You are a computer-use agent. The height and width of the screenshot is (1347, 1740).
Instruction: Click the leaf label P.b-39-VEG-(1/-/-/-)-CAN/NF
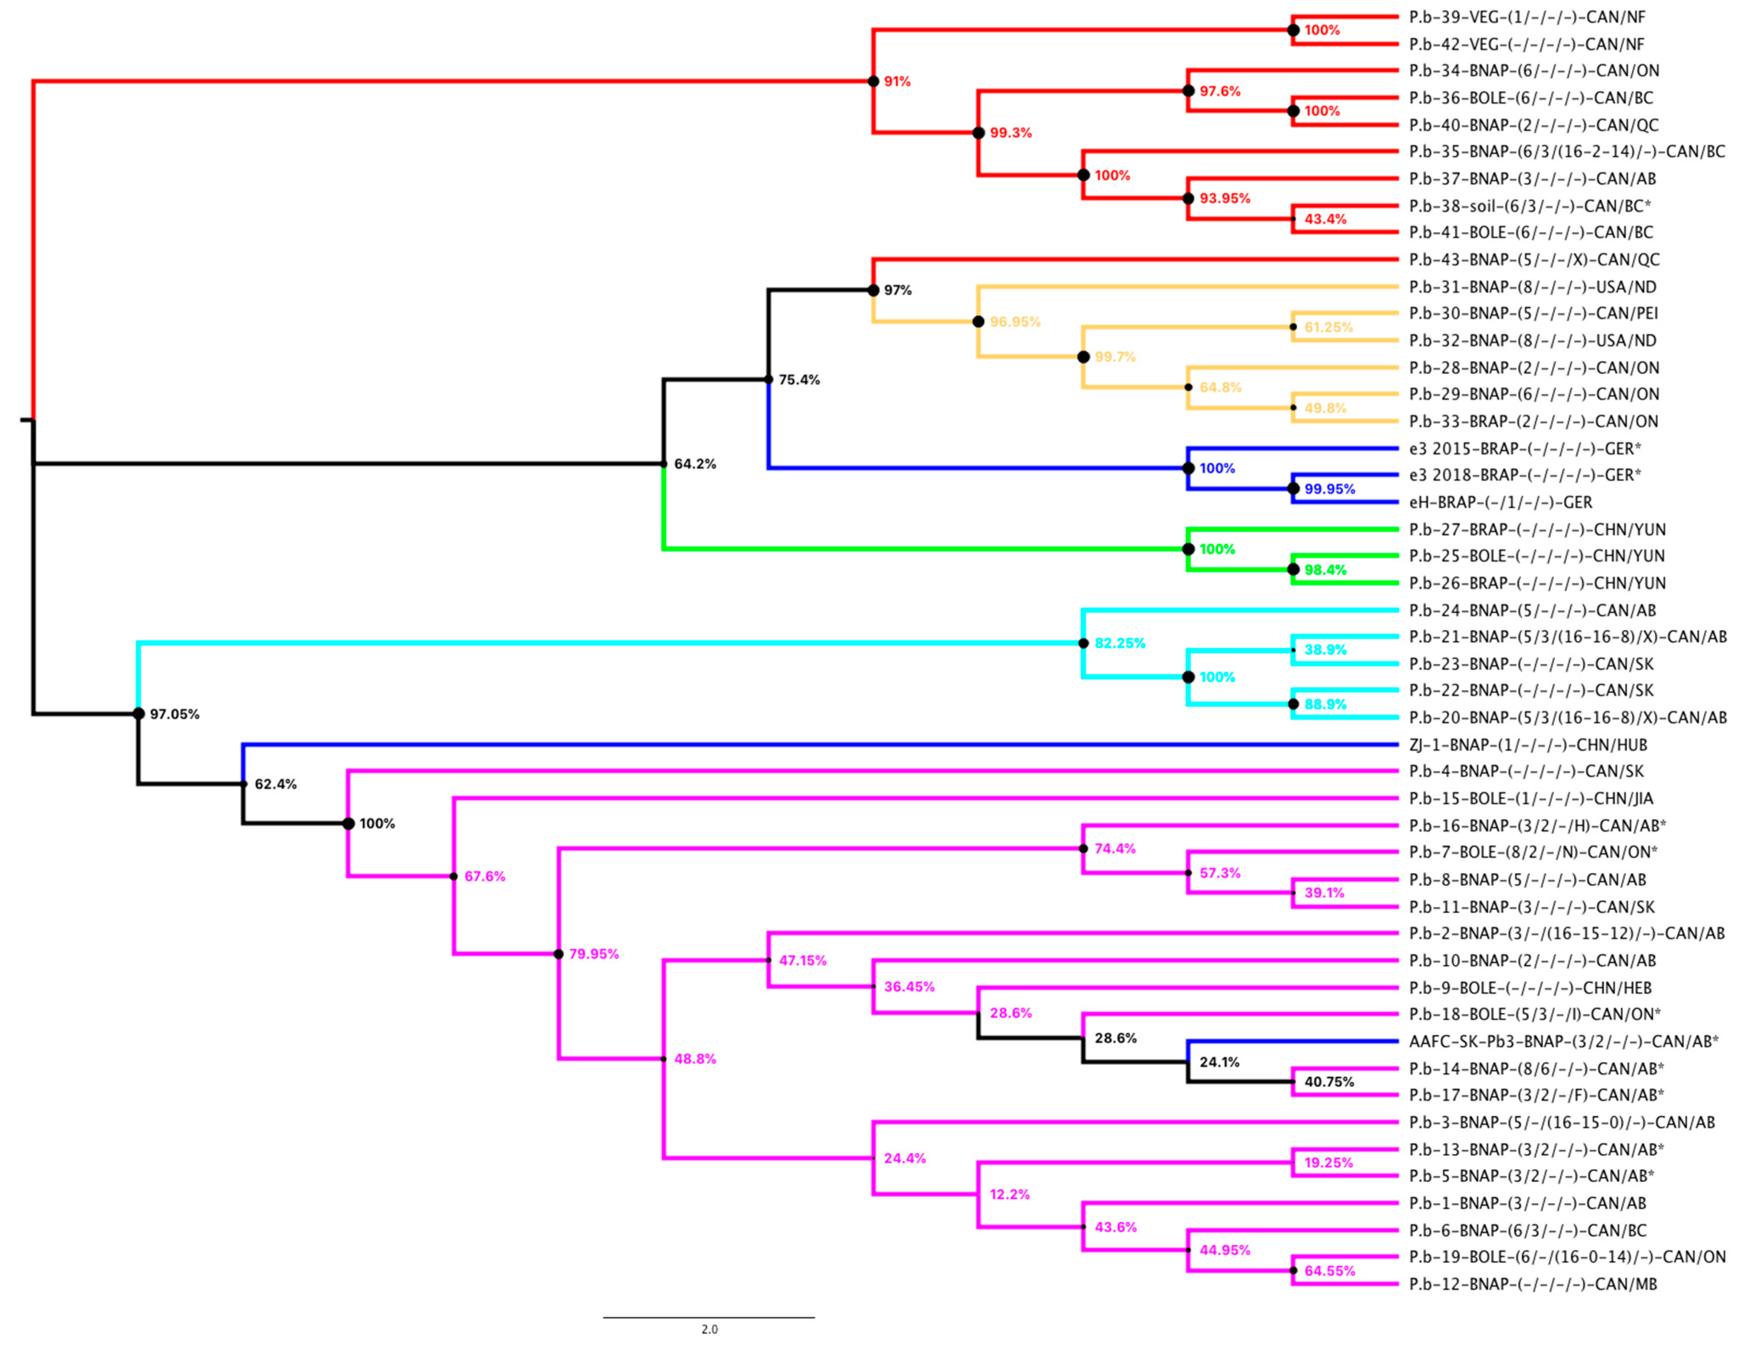[1526, 17]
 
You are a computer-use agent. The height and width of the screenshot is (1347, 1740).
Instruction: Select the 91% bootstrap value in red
[897, 81]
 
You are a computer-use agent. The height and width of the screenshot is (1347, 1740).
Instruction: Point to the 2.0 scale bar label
[709, 1329]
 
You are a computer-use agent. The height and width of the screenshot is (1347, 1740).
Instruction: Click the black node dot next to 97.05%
[139, 713]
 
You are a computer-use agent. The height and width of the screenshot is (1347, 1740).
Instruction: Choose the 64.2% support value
[695, 464]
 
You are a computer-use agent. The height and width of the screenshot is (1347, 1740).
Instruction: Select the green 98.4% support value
[1325, 570]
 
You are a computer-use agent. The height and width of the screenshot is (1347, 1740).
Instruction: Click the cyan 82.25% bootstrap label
[1119, 643]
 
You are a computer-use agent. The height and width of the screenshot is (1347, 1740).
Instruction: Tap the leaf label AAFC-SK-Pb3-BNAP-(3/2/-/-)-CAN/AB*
[1563, 1041]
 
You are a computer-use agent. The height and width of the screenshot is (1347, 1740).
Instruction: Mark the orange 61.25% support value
[1328, 327]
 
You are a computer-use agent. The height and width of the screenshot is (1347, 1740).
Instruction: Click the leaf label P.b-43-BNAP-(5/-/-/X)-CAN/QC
[1534, 259]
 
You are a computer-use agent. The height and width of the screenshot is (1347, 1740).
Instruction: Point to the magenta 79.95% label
[594, 954]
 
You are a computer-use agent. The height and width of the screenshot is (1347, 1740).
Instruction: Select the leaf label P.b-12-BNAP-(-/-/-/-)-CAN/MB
[1533, 1284]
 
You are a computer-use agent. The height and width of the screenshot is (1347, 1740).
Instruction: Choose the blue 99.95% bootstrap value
[1329, 489]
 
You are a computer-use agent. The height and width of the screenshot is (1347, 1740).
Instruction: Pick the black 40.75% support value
[1329, 1082]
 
